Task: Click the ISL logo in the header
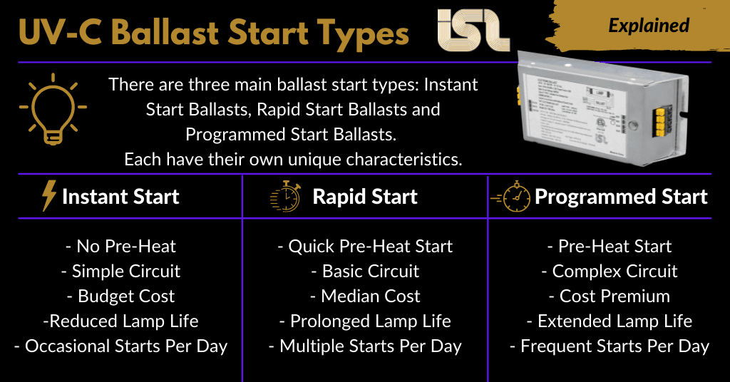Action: [473, 31]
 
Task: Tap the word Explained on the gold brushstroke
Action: [648, 26]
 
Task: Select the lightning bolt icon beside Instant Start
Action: [49, 196]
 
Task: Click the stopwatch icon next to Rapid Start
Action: [285, 197]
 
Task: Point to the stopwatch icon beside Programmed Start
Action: [512, 197]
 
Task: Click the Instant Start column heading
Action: [120, 197]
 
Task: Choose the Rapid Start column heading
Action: [365, 197]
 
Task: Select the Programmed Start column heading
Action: [621, 197]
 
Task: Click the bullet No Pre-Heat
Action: [120, 247]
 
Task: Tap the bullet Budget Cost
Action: [120, 296]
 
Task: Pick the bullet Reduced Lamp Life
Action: [120, 321]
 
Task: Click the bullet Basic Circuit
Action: [365, 272]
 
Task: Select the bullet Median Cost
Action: [365, 296]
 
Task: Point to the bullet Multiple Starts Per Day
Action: [365, 346]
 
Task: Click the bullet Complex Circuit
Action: [610, 272]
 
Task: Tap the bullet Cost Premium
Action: [610, 296]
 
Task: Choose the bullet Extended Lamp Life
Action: [610, 321]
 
